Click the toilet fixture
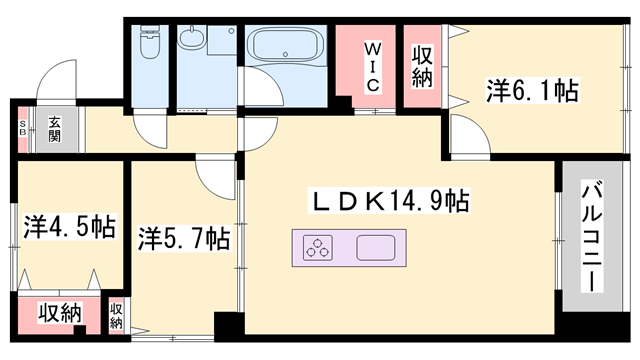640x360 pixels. tap(148, 42)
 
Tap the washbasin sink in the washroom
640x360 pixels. tap(191, 39)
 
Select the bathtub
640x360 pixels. tap(285, 44)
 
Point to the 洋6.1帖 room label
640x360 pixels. tap(532, 91)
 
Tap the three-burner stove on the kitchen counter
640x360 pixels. tap(318, 248)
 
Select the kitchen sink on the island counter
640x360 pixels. tap(376, 248)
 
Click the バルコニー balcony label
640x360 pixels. tap(592, 236)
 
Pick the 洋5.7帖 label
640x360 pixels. tap(184, 238)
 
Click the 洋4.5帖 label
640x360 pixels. tap(69, 227)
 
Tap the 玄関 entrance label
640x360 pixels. tap(54, 130)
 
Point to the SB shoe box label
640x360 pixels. tap(22, 129)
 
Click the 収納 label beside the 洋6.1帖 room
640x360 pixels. tap(422, 67)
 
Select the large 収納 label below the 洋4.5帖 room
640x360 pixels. tap(60, 313)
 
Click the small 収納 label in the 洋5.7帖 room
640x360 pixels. tap(116, 316)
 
